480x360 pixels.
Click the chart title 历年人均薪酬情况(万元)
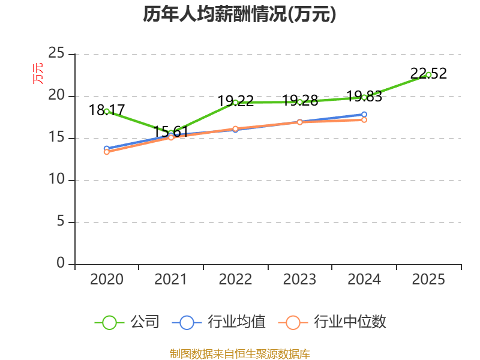tap(239, 14)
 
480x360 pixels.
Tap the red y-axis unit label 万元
tap(38, 73)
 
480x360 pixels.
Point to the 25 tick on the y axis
tap(56, 53)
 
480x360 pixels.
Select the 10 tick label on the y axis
tap(57, 179)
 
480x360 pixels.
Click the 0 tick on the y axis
tap(61, 263)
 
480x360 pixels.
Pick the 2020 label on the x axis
tap(107, 279)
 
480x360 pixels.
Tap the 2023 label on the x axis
tap(299, 279)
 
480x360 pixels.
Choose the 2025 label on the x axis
tap(428, 279)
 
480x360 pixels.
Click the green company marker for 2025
tap(428, 75)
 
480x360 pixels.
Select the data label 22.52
tap(428, 73)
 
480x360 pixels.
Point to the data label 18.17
tap(107, 110)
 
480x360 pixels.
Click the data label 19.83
tap(364, 97)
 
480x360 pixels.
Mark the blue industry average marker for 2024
tap(364, 115)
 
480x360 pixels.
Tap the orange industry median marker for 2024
tap(364, 120)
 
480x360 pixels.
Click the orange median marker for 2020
tap(107, 152)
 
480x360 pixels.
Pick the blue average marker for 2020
tap(107, 148)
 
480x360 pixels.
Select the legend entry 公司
tap(127, 322)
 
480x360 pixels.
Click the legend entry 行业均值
tap(219, 322)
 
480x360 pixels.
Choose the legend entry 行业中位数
tap(332, 322)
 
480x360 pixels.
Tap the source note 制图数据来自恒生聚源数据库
tap(240, 354)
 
